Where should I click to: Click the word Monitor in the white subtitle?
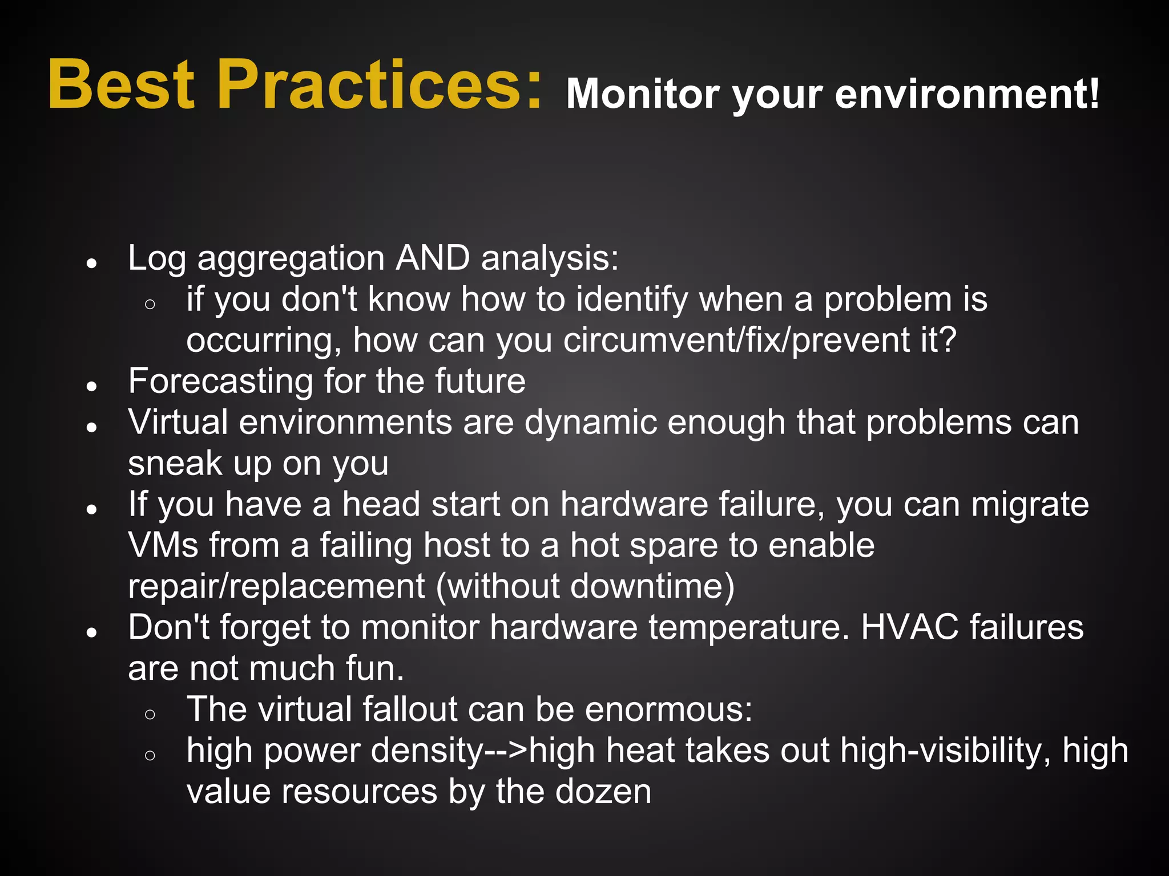[643, 94]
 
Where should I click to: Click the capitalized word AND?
[433, 258]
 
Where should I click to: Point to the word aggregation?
[291, 259]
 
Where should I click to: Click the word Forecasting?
[220, 381]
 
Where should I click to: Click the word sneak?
[175, 463]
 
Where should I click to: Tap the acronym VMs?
[163, 545]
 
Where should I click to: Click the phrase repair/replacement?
[276, 587]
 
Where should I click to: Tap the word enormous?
[668, 709]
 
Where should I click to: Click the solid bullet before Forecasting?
[91, 386]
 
